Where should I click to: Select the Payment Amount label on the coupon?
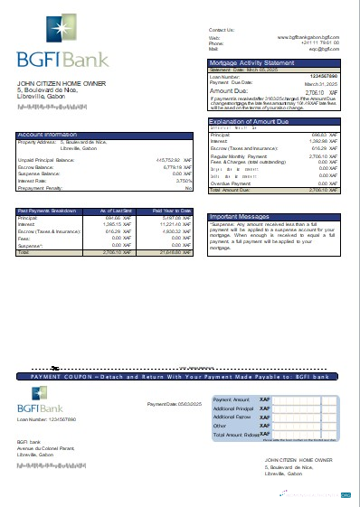point(231,399)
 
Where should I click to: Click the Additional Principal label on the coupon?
point(234,408)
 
